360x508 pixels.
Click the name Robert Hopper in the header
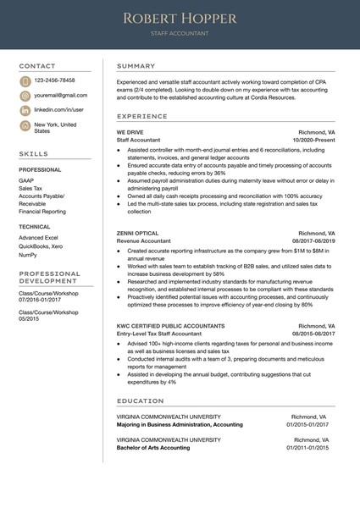[179, 19]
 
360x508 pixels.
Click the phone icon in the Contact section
[25, 80]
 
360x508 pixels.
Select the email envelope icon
[25, 96]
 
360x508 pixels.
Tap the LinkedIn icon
[25, 110]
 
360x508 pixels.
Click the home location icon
[25, 127]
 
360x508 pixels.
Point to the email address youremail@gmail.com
[61, 96]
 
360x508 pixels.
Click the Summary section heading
[136, 66]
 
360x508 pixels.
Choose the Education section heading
[141, 400]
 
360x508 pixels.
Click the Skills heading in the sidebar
[34, 154]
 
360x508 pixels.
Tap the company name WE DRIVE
[130, 133]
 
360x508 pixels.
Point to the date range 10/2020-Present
[313, 141]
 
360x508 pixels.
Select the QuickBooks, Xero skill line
[41, 246]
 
